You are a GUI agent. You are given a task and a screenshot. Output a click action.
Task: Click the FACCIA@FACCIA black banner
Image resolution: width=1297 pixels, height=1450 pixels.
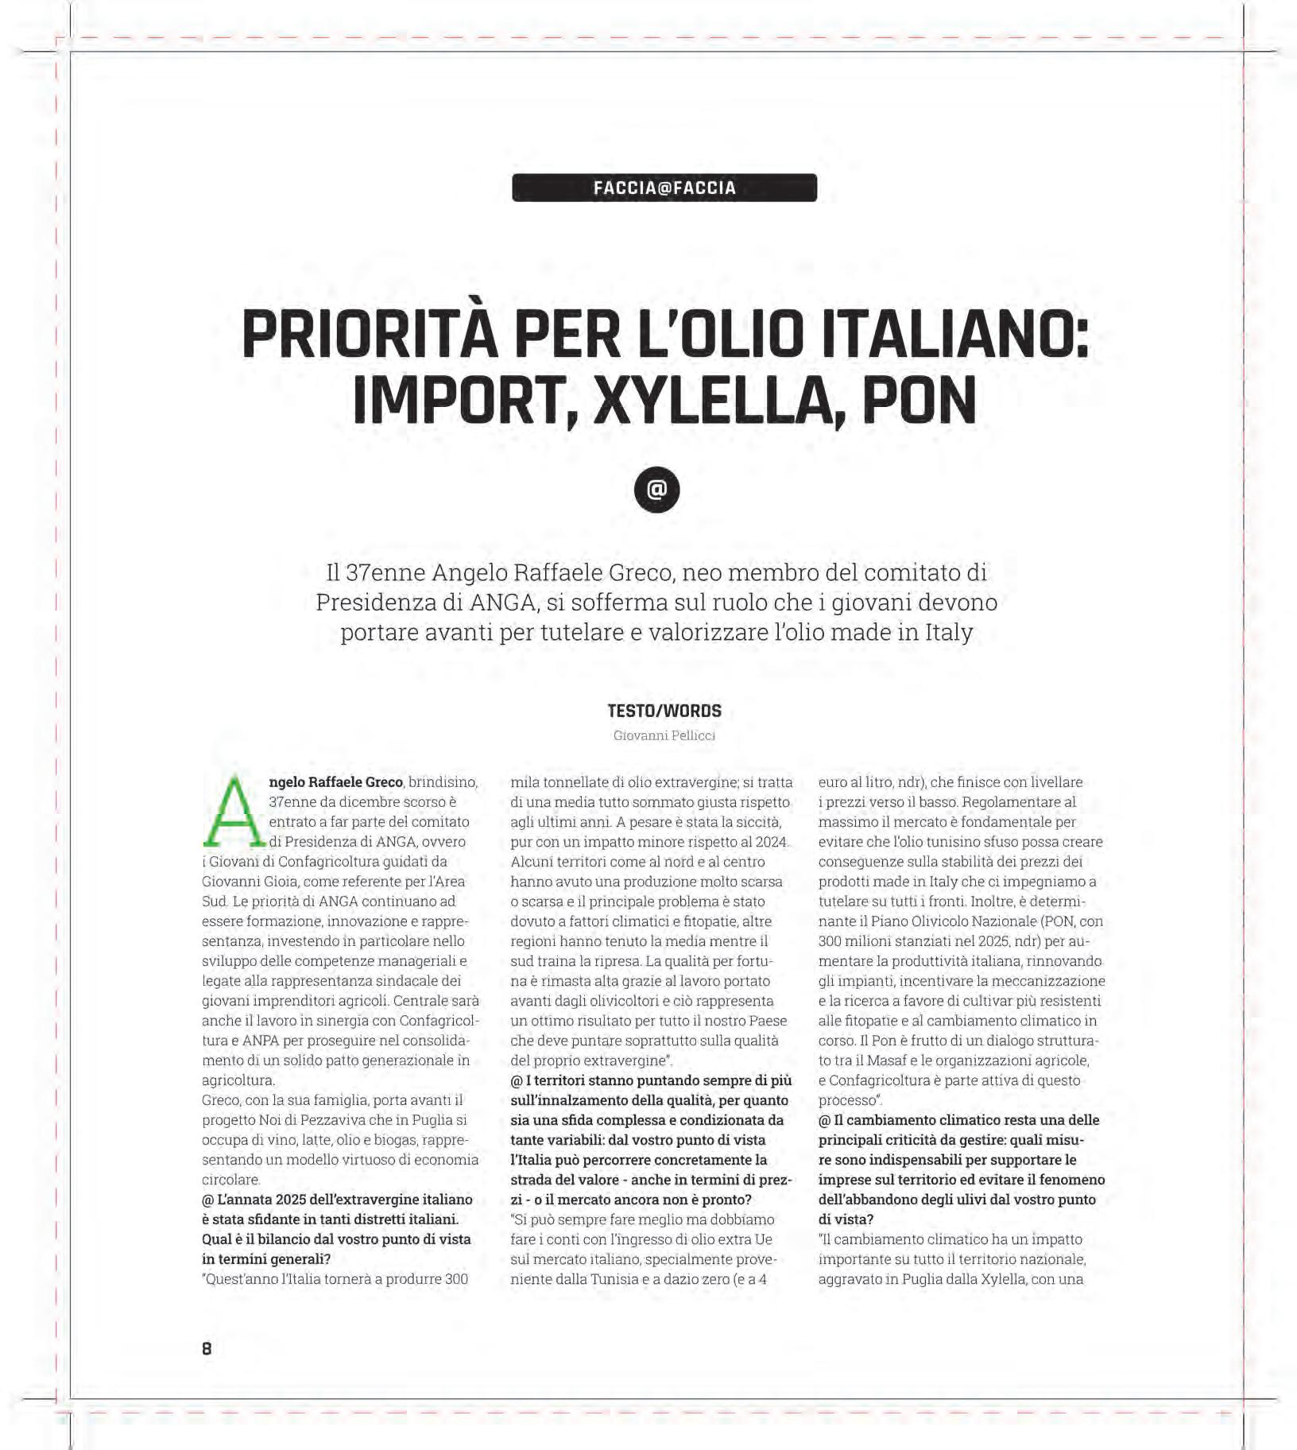pos(664,188)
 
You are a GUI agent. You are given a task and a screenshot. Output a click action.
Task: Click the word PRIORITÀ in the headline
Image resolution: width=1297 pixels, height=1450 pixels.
pos(370,335)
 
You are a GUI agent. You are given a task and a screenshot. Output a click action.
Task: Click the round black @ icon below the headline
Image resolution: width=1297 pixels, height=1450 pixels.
pos(656,490)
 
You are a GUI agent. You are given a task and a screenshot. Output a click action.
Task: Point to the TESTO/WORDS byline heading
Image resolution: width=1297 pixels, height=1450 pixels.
pos(664,711)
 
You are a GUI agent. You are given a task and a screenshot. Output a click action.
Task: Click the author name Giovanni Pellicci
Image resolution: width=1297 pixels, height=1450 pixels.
pos(664,736)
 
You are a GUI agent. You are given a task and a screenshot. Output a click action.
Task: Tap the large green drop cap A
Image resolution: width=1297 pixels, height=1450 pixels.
pos(233,812)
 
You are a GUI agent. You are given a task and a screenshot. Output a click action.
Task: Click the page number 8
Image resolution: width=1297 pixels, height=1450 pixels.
pos(207,1348)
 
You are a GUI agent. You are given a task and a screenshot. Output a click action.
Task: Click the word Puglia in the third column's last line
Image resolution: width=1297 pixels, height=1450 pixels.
pos(926,1279)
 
